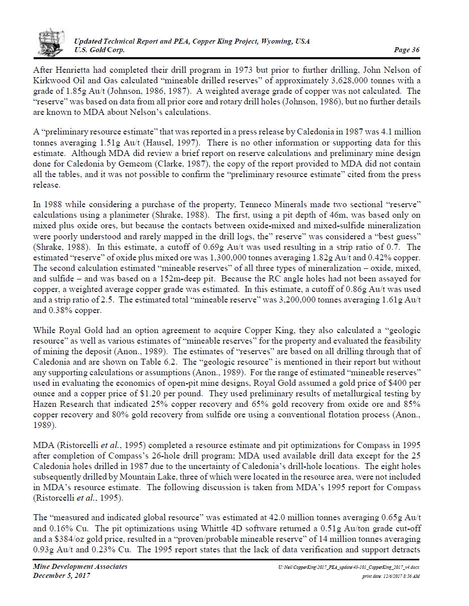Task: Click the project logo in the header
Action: (x=52, y=42)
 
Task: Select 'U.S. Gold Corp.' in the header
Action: (x=100, y=50)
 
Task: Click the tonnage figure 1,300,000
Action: (x=208, y=257)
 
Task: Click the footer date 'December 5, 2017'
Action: (x=61, y=575)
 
